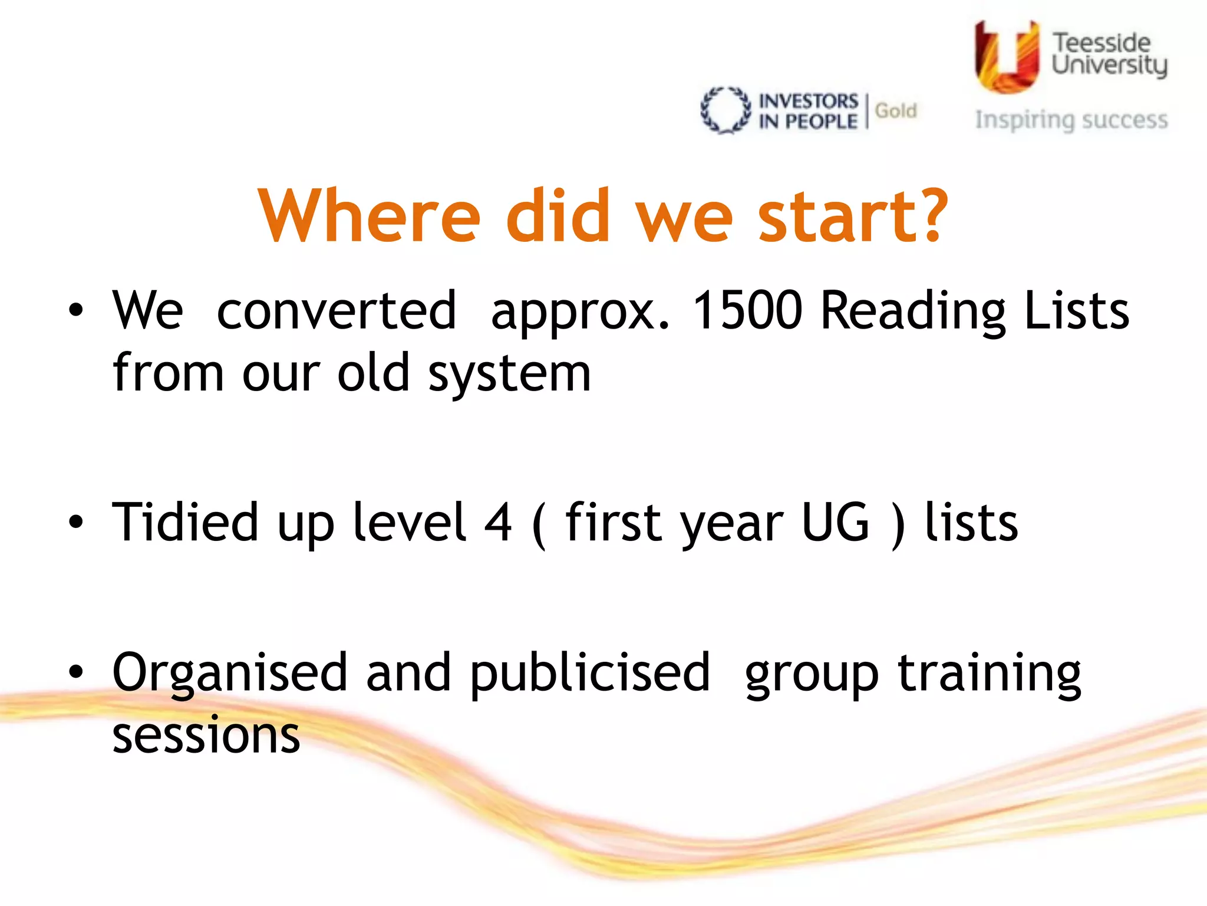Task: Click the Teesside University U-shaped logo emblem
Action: tap(1007, 58)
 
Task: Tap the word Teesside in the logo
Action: tap(1101, 43)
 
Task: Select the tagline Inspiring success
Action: tap(1071, 120)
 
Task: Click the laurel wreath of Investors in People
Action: tap(725, 110)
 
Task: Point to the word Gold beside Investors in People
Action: tap(896, 111)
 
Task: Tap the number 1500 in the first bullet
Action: tap(747, 310)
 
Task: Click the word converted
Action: tap(337, 310)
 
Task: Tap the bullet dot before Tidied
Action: tap(75, 521)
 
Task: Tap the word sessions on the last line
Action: tap(206, 736)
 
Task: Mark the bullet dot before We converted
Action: tap(75, 310)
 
